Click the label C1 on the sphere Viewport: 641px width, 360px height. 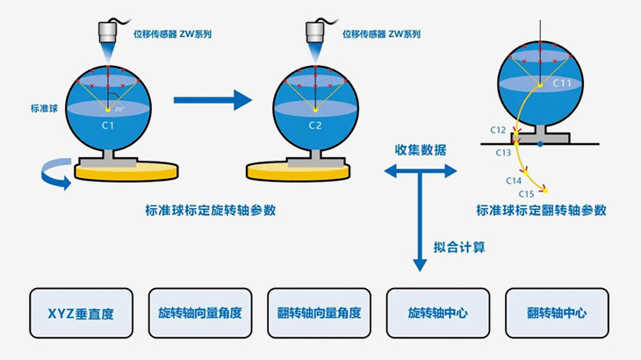click(107, 126)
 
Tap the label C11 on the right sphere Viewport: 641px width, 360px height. click(563, 83)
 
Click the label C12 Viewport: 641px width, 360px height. click(498, 130)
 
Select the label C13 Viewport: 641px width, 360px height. click(503, 152)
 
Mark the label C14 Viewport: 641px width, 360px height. click(514, 180)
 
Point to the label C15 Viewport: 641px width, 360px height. click(526, 193)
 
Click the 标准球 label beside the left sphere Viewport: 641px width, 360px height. click(42, 110)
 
